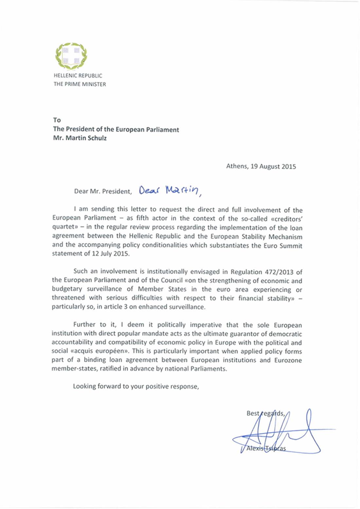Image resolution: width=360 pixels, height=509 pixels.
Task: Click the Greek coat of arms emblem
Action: pyautogui.click(x=71, y=56)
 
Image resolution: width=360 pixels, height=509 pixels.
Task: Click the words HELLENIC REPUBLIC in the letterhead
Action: pyautogui.click(x=78, y=76)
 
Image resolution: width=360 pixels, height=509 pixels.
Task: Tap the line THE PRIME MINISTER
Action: pyautogui.click(x=80, y=84)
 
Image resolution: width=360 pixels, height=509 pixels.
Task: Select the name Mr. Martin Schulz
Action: pyautogui.click(x=80, y=138)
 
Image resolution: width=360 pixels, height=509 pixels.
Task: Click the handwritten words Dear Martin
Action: pyautogui.click(x=169, y=190)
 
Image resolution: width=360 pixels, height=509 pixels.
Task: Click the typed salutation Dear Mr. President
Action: pyautogui.click(x=103, y=191)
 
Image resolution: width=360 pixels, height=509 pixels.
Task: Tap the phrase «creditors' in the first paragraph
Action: pyautogui.click(x=285, y=219)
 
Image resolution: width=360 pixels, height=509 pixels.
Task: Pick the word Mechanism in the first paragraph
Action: pyautogui.click(x=285, y=237)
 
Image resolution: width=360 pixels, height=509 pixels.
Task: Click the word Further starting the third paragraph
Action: pyautogui.click(x=84, y=325)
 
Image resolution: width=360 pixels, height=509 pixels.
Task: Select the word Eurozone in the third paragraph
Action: pyautogui.click(x=288, y=360)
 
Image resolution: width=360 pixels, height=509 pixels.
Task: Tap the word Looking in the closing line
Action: pyautogui.click(x=84, y=386)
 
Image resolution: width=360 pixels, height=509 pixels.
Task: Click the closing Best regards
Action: pyautogui.click(x=265, y=413)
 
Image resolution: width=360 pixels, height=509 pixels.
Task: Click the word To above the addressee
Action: pyautogui.click(x=57, y=120)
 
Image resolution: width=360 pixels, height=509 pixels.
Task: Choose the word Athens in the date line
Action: pyautogui.click(x=237, y=166)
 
